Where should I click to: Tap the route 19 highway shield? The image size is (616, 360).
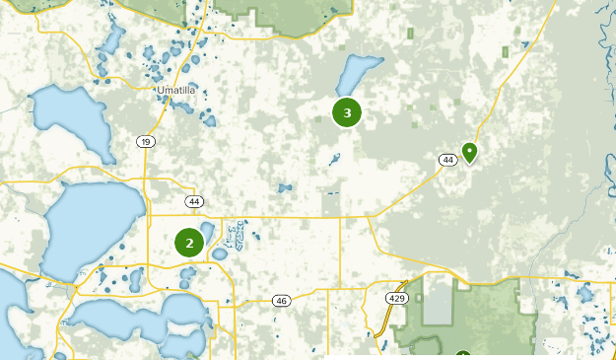click(x=146, y=142)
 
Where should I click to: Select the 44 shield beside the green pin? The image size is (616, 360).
click(x=447, y=159)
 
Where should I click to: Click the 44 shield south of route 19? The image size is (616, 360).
click(x=193, y=201)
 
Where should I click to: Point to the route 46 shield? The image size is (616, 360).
click(x=282, y=300)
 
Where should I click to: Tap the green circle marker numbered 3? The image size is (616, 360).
click(x=347, y=112)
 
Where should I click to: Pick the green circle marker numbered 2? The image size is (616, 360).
click(x=189, y=242)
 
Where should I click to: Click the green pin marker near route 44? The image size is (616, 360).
click(x=470, y=152)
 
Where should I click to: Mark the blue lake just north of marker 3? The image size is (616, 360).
click(x=357, y=72)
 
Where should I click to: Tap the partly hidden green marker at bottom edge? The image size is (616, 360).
click(x=462, y=356)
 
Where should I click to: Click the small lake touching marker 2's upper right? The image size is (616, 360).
click(x=207, y=230)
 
